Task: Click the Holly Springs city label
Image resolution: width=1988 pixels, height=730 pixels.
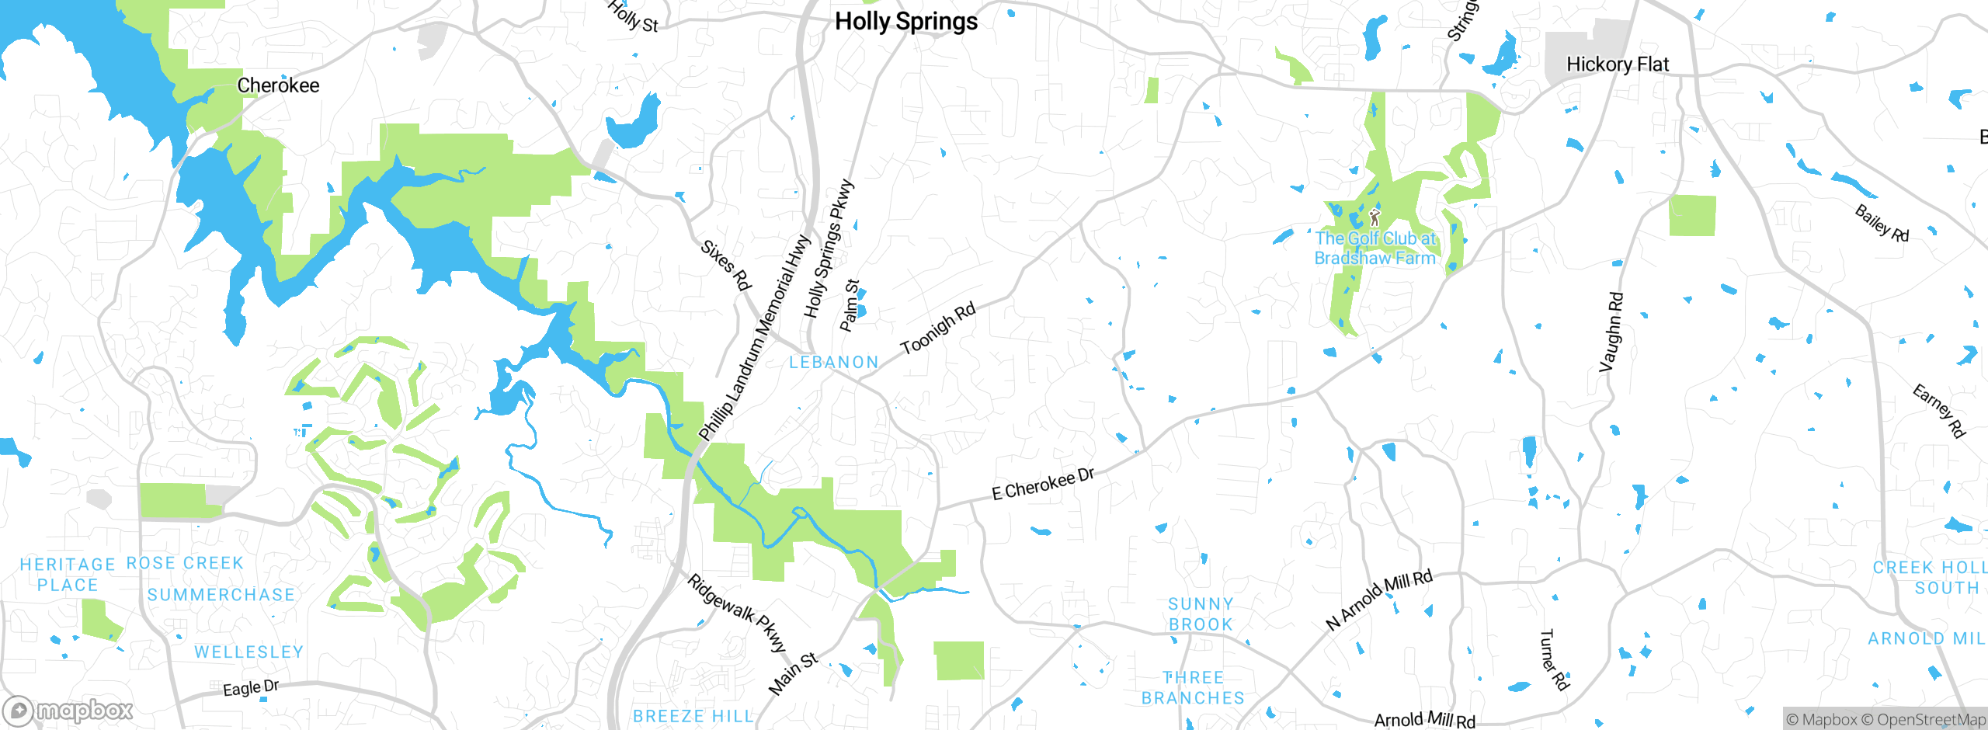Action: (x=906, y=22)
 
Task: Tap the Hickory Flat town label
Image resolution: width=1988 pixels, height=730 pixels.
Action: (x=1617, y=64)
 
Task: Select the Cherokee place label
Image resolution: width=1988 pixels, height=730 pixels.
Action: (x=278, y=85)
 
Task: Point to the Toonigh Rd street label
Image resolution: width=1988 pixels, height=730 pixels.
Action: (x=937, y=329)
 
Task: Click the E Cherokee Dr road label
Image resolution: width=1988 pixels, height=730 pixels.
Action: (x=1043, y=484)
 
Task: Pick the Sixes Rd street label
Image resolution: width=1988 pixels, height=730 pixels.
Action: (x=726, y=266)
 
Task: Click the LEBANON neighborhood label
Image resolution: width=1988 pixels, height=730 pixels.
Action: (x=834, y=363)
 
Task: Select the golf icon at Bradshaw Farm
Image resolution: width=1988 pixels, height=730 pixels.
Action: (x=1375, y=217)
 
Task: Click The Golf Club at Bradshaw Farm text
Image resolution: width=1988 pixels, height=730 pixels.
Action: (x=1375, y=249)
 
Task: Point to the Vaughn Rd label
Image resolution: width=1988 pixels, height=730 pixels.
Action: (x=1611, y=332)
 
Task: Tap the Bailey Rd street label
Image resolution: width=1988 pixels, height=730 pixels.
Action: (x=1881, y=224)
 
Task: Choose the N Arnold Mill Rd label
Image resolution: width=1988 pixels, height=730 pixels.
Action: (x=1378, y=600)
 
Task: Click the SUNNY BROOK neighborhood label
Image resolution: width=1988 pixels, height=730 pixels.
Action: (x=1201, y=614)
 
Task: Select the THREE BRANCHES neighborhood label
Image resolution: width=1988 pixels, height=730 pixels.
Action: (x=1193, y=688)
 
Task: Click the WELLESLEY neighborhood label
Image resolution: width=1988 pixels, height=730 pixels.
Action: (x=248, y=652)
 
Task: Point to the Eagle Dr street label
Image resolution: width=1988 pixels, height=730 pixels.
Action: (x=250, y=688)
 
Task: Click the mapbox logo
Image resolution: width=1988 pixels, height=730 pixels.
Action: (x=68, y=711)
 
